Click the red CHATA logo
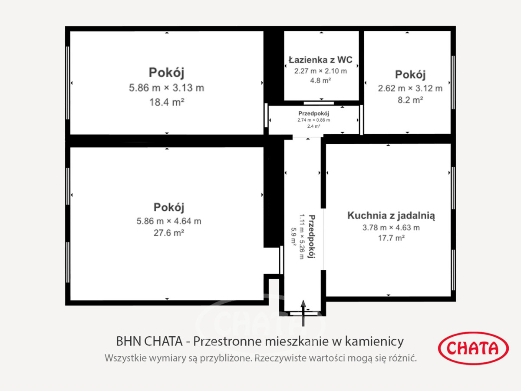[x=473, y=348]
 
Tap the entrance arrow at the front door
[x=303, y=313]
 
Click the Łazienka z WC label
[x=320, y=60]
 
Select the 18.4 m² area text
[x=167, y=103]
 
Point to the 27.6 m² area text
[x=169, y=233]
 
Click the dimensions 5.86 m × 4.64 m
[x=169, y=221]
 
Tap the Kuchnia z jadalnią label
[x=391, y=215]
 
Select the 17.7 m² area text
[x=391, y=238]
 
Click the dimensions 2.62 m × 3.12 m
[x=410, y=88]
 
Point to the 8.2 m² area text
[x=410, y=100]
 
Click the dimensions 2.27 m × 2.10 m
[x=320, y=71]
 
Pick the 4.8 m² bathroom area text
[x=320, y=80]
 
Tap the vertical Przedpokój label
[x=312, y=236]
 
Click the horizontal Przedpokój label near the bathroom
[x=313, y=113]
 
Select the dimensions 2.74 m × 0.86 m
[x=313, y=120]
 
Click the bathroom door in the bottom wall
[x=319, y=103]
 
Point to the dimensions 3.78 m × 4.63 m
[x=391, y=228]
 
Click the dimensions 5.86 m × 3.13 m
[x=167, y=88]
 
